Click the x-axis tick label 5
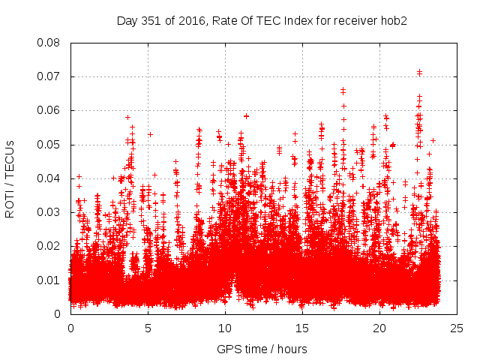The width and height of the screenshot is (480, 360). pos(148,328)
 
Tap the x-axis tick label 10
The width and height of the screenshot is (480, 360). pos(225,328)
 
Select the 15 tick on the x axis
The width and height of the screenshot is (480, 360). pos(302,328)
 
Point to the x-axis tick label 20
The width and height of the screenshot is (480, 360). pos(379,328)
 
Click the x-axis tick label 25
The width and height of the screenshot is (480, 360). pos(457,328)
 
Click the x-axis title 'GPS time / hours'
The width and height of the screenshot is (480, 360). pos(262,349)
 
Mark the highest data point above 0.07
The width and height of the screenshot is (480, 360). pos(419,72)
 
